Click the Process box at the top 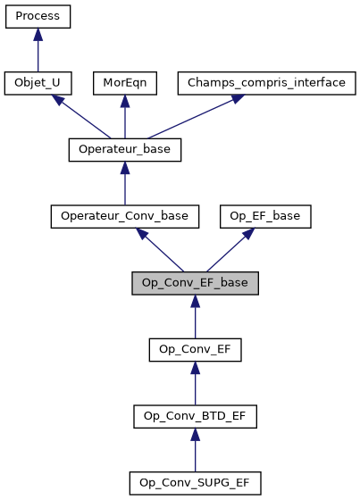pos(38,16)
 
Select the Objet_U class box pos(38,83)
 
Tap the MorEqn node pos(125,83)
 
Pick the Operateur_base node pos(125,150)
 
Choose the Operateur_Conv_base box pos(125,216)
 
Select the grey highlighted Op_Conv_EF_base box pos(196,283)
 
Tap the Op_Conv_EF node pos(196,349)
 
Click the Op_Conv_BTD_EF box pos(196,416)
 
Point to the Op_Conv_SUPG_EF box pos(196,483)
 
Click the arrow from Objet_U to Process pos(38,50)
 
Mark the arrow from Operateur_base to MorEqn pos(125,117)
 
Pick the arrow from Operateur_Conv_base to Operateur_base pos(125,184)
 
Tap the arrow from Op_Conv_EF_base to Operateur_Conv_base pos(161,250)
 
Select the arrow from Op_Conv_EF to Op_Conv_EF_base pos(196,317)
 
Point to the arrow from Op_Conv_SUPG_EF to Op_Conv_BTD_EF pos(196,450)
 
